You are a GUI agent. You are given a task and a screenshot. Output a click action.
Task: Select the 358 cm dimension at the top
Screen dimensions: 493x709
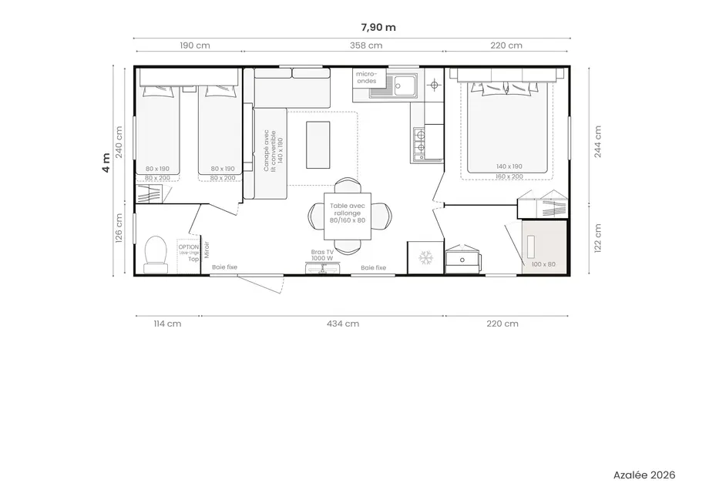click(365, 45)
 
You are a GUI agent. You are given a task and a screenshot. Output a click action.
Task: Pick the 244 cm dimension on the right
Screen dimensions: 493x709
click(598, 141)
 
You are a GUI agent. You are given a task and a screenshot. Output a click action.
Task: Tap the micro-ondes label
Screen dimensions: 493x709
click(366, 76)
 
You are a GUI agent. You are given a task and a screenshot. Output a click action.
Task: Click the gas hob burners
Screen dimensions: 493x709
click(420, 144)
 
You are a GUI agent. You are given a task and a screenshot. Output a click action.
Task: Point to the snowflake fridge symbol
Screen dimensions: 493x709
click(425, 258)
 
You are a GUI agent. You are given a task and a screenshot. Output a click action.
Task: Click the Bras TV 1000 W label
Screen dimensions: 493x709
click(322, 255)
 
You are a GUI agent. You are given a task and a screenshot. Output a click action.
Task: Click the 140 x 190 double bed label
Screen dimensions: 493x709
click(509, 166)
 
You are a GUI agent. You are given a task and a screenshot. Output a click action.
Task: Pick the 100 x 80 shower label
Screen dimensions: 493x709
click(543, 264)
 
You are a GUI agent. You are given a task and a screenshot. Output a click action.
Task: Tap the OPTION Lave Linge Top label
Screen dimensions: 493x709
click(188, 252)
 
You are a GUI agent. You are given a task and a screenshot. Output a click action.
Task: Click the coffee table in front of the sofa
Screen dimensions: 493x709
click(319, 144)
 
